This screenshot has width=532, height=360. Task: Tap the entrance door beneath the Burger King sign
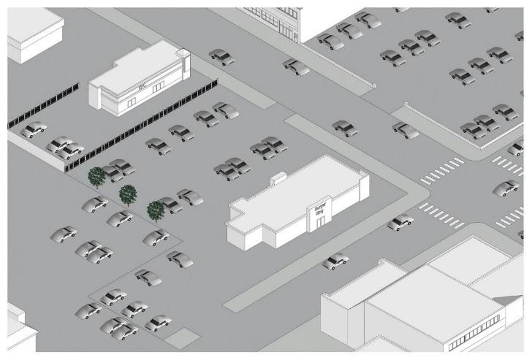tap(320, 223)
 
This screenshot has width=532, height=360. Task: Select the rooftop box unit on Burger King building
tap(278, 177)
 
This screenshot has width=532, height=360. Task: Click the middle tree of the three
tap(129, 194)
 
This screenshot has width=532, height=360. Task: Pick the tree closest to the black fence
tap(96, 176)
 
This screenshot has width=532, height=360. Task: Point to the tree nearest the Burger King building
tap(156, 210)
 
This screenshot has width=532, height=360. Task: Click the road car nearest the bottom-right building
tap(335, 260)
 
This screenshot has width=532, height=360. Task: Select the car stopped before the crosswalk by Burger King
tap(400, 222)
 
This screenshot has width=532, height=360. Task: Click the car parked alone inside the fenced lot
tap(31, 131)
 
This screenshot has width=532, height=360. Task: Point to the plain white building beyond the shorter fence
tap(33, 33)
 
